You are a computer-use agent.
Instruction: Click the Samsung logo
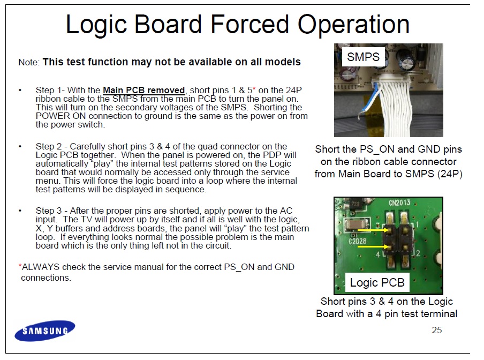(x=45, y=331)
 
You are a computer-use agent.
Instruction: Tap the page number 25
(x=437, y=330)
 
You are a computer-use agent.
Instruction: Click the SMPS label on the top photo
(x=364, y=57)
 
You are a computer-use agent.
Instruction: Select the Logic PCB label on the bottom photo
(x=377, y=282)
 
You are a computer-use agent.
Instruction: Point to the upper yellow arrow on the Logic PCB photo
(x=373, y=230)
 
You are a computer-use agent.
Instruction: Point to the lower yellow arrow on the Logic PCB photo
(x=373, y=246)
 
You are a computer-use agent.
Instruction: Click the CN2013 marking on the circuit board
(x=399, y=203)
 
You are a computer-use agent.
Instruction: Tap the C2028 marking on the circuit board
(x=358, y=241)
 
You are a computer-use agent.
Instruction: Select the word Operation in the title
(x=354, y=25)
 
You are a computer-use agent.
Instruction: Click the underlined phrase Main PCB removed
(x=144, y=90)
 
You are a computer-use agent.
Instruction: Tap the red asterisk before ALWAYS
(x=20, y=266)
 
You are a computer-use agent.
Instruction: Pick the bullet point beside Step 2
(x=20, y=146)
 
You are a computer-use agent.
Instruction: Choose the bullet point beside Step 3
(x=20, y=211)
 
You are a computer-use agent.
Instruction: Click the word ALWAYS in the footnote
(x=41, y=267)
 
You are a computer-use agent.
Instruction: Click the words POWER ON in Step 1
(x=61, y=116)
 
